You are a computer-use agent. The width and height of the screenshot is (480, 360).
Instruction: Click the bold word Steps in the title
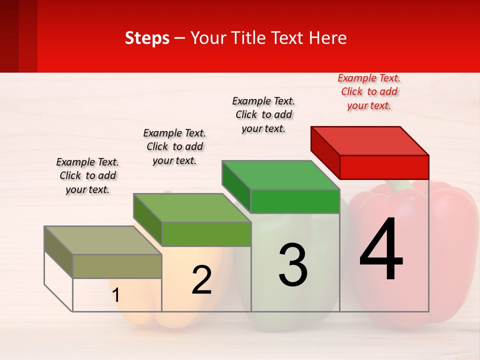pos(147,38)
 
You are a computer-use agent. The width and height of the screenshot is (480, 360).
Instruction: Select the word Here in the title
pos(328,38)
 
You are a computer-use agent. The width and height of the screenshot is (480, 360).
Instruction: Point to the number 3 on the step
pos(293,265)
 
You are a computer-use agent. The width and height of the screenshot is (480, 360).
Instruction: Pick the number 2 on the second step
pos(201,280)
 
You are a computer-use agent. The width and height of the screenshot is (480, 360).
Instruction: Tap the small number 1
pos(115,295)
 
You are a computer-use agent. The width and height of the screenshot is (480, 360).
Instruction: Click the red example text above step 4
pos(369,92)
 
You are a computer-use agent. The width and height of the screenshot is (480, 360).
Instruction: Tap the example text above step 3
pos(263,114)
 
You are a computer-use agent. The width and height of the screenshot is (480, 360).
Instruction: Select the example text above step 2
pos(174,146)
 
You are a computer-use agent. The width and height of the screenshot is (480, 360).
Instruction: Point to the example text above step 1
pos(87,175)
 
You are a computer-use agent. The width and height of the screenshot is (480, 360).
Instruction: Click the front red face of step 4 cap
pos(384,167)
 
